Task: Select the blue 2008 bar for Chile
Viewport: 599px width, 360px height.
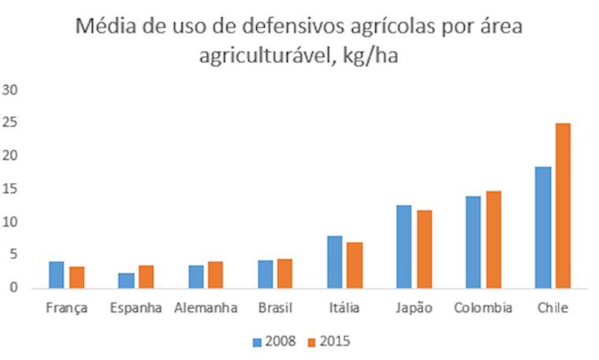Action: (542, 228)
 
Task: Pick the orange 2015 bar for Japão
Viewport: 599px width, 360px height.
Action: (423, 249)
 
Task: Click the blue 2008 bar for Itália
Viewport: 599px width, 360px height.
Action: (335, 262)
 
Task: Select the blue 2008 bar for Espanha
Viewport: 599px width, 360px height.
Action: (127, 280)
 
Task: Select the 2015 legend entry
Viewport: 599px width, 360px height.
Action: (326, 341)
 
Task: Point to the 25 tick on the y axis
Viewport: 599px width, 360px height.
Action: (10, 123)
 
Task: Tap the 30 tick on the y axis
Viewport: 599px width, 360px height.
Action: (10, 90)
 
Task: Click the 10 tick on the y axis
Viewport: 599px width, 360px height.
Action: (10, 222)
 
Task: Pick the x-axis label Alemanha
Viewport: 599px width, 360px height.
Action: (206, 308)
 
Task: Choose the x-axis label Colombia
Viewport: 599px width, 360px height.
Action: (482, 308)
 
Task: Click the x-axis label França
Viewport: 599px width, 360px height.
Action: (67, 308)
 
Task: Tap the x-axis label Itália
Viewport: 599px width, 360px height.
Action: (344, 308)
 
